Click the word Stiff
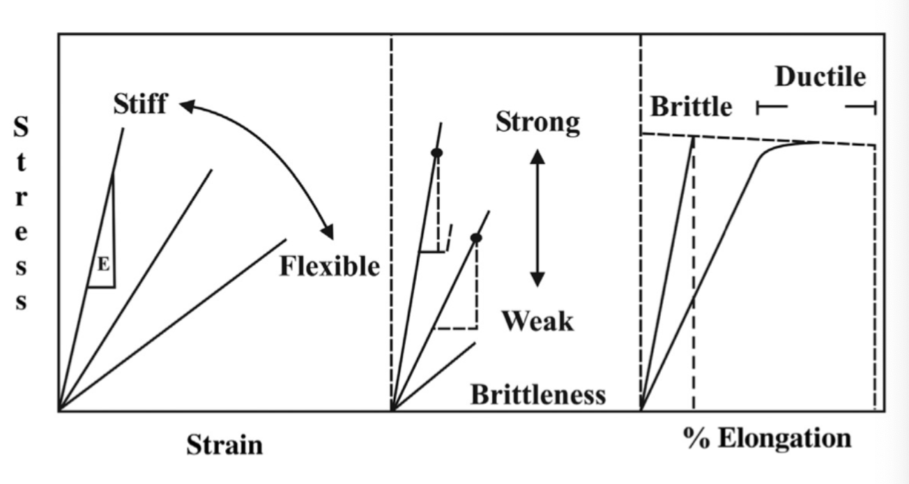point(140,104)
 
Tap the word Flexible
point(329,266)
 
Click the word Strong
point(537,122)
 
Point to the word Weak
point(537,321)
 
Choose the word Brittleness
point(537,395)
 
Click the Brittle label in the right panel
point(691,107)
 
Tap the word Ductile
point(820,76)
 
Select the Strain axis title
point(224,445)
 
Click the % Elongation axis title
point(767,438)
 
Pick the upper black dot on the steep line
point(437,153)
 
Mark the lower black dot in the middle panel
point(476,238)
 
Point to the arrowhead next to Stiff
point(186,105)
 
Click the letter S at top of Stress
point(22,127)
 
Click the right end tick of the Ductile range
point(873,107)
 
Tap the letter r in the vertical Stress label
point(22,197)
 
